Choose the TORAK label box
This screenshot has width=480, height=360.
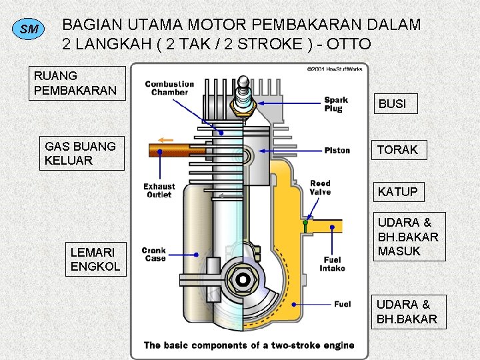click(x=397, y=150)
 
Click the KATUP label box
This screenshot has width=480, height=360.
click(x=397, y=192)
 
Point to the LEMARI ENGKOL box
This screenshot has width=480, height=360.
click(x=95, y=259)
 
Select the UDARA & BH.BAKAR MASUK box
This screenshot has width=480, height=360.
click(x=408, y=237)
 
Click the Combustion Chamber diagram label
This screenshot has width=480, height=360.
click(x=169, y=88)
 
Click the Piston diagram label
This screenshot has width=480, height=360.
click(x=337, y=150)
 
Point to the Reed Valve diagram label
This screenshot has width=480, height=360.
click(x=320, y=187)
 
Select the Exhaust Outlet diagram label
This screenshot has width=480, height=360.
click(x=159, y=191)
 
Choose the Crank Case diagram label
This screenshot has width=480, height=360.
click(x=154, y=255)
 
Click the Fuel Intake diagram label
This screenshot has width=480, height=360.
click(x=333, y=264)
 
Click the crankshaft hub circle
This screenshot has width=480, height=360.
click(x=243, y=279)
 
